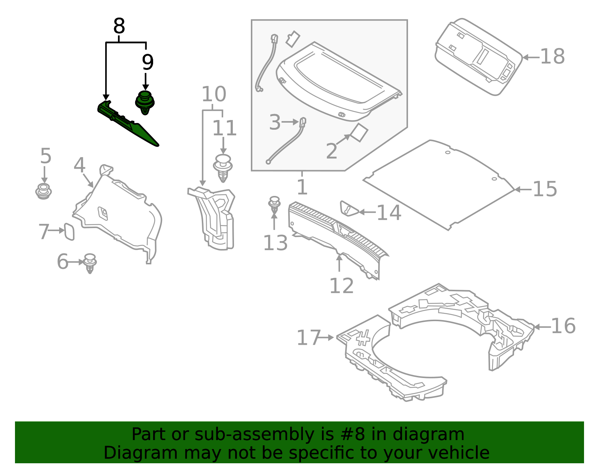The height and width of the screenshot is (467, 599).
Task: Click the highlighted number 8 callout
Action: [x=119, y=27]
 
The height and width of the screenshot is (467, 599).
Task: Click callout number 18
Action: [x=552, y=57]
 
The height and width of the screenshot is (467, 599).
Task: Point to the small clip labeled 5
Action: [x=44, y=191]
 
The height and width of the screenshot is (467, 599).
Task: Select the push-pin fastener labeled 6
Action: [x=90, y=263]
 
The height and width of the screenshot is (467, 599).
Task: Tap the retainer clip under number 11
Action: [x=223, y=168]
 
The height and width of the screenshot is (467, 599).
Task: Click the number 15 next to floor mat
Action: [x=545, y=189]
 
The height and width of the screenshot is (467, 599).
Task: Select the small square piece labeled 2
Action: [x=359, y=133]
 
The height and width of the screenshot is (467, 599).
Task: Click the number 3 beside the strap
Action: [x=275, y=122]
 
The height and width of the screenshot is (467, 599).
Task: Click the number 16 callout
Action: [x=563, y=326]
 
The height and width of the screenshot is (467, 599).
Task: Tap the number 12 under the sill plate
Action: [x=341, y=286]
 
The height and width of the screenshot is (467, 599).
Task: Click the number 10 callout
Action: [x=214, y=94]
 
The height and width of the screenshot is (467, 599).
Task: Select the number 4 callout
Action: [x=79, y=165]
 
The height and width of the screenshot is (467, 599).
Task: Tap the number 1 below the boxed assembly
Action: [x=302, y=187]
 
